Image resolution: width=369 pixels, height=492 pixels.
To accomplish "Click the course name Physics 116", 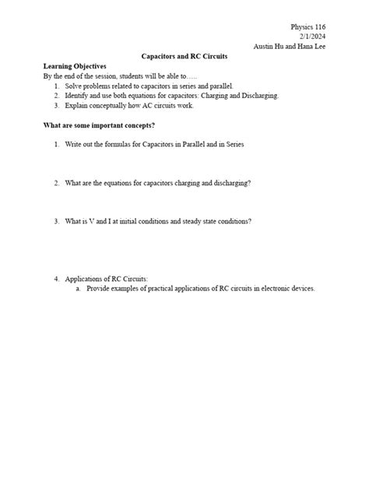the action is click(x=307, y=27).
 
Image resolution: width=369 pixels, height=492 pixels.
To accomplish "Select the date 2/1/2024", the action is click(x=312, y=37).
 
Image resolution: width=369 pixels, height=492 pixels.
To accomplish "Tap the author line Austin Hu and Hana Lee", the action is click(x=290, y=47).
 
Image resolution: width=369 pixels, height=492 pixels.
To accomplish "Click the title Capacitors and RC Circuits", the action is click(x=184, y=57).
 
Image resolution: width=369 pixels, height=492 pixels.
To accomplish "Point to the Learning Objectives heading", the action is click(x=75, y=67).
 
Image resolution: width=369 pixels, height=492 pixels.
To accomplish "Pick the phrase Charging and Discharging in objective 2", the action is click(x=239, y=96).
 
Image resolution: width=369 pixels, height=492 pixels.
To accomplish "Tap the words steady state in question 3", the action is click(x=193, y=221).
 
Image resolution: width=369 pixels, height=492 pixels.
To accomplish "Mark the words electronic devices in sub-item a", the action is click(x=265, y=288).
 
